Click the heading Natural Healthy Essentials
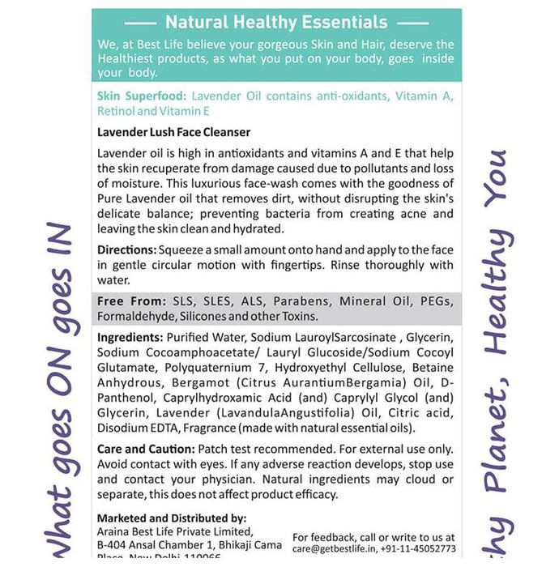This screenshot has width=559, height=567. (276, 23)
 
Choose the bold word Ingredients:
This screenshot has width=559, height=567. (130, 337)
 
